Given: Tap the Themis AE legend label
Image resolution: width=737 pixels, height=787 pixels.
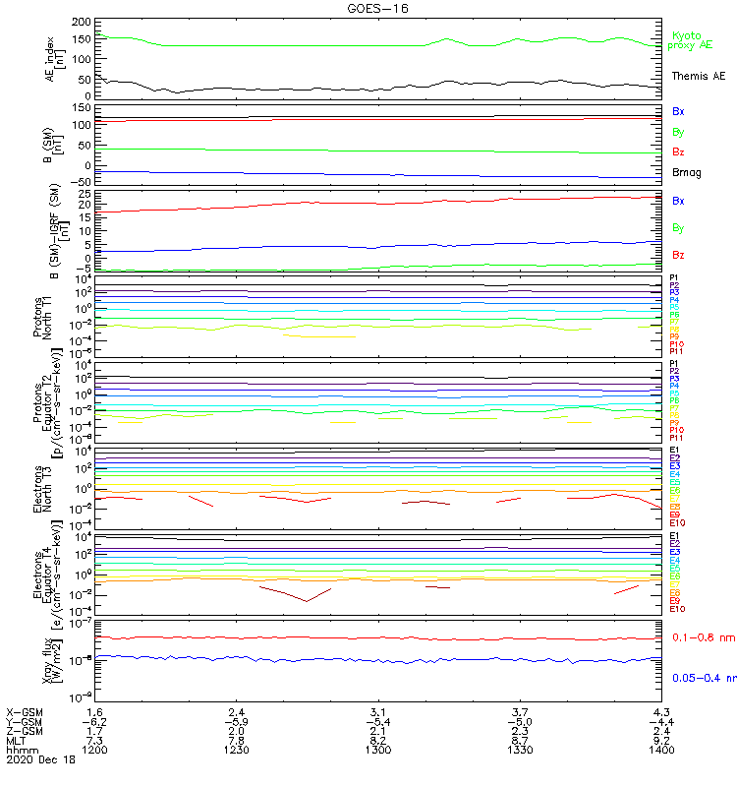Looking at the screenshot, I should tap(698, 76).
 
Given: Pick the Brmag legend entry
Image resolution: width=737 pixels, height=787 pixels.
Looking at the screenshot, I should tap(687, 172).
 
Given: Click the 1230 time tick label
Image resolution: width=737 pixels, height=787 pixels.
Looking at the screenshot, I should tap(236, 750).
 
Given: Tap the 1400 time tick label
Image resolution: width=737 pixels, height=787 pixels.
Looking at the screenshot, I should tap(661, 750).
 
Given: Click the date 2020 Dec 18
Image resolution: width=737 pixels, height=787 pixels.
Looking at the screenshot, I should tap(38, 760).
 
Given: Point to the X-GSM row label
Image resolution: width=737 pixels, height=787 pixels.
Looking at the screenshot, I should tap(25, 711).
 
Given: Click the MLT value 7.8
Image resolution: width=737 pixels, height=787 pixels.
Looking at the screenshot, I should tap(236, 740).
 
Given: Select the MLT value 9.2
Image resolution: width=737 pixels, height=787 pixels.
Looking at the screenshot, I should tap(661, 740).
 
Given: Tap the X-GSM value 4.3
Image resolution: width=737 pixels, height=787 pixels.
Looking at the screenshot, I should tap(661, 711).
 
